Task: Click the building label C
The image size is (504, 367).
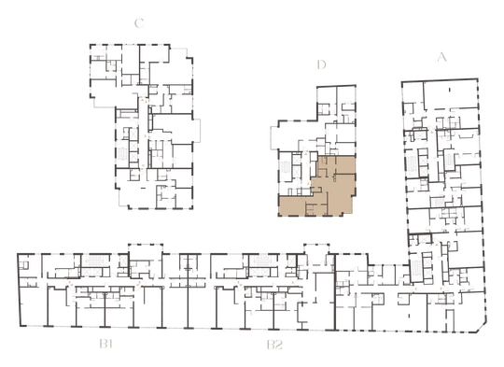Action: tap(139, 23)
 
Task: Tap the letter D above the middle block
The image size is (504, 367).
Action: tap(321, 64)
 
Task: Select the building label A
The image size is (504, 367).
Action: tap(442, 57)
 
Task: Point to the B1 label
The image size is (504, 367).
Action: tap(105, 345)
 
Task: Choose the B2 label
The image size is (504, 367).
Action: tap(274, 345)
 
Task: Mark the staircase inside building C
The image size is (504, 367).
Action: tap(123, 155)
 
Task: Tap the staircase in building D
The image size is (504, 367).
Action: tap(286, 167)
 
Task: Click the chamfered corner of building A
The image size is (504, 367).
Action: tap(481, 328)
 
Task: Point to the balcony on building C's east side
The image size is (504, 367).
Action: tap(196, 130)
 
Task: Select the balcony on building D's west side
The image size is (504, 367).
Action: tap(274, 138)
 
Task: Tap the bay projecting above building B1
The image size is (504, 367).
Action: tap(146, 249)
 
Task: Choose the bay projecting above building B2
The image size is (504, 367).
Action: tap(316, 249)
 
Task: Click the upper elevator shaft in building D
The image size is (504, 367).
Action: tap(296, 160)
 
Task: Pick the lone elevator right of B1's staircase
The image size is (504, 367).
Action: tap(123, 261)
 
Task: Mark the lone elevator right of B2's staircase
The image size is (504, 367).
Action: tap(291, 261)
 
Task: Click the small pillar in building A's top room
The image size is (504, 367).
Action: tap(450, 90)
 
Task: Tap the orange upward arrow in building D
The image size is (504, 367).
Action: tap(306, 154)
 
